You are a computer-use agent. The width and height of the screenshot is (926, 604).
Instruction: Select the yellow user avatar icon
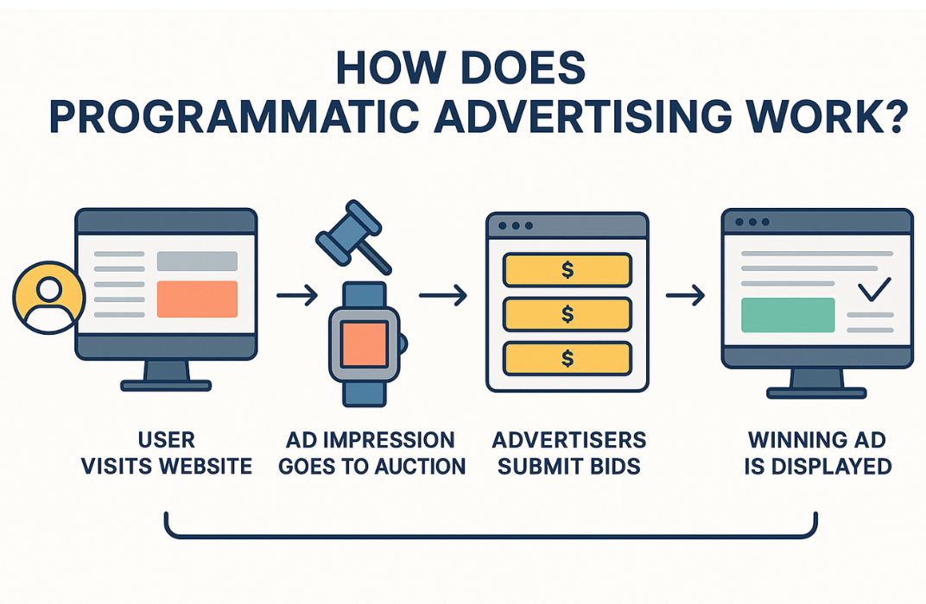click(48, 298)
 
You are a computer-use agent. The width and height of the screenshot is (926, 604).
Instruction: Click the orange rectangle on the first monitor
click(196, 299)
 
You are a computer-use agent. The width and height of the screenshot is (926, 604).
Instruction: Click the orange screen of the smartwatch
click(366, 343)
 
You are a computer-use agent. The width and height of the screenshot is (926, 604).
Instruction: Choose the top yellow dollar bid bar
click(566, 269)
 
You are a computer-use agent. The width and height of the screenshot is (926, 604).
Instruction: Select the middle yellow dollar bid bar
click(566, 314)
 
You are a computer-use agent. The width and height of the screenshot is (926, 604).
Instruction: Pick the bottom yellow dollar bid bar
click(566, 358)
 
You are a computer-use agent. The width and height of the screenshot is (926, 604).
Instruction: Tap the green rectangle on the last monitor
click(788, 315)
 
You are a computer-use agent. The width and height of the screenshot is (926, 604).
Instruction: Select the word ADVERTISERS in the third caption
click(568, 440)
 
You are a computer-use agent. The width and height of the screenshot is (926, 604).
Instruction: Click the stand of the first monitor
click(166, 374)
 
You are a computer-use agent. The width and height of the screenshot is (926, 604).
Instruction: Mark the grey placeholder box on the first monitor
click(196, 261)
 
